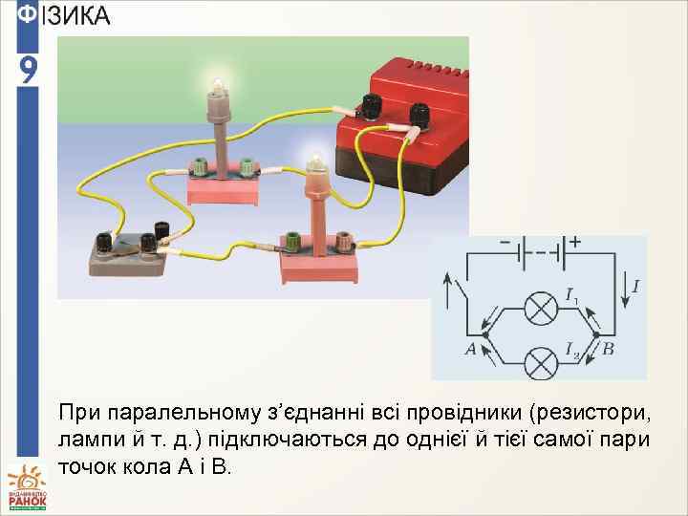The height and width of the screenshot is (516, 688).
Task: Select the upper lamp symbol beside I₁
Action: [542, 309]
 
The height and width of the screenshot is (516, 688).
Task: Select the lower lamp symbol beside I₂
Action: [542, 361]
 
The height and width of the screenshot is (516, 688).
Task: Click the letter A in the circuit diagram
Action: [470, 350]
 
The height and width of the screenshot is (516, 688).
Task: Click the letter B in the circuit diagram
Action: [608, 350]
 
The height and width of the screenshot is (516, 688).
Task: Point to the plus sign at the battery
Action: [576, 243]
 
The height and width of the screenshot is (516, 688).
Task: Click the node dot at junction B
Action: [596, 335]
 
